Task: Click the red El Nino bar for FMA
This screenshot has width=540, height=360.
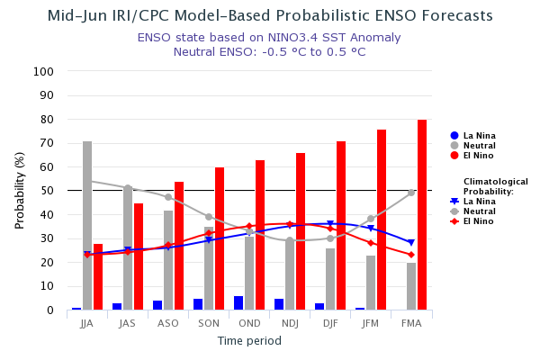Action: click(x=422, y=215)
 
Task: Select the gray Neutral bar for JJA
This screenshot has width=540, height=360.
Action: click(x=87, y=225)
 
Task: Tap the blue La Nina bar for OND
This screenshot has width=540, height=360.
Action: click(x=238, y=303)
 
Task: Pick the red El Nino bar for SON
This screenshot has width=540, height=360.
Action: click(x=220, y=238)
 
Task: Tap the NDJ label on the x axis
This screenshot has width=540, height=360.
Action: click(x=290, y=323)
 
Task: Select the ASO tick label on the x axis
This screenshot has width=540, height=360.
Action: click(x=168, y=323)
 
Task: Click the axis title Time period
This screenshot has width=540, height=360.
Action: click(x=249, y=341)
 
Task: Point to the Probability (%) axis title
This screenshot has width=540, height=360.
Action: click(x=20, y=190)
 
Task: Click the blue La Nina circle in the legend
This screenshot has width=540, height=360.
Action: click(x=454, y=136)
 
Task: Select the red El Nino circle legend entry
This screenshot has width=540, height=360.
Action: click(x=454, y=156)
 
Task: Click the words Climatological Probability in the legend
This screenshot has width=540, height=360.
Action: click(x=495, y=186)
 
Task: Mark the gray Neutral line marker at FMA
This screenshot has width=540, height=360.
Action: click(x=411, y=193)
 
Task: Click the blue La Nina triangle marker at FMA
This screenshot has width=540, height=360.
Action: click(x=411, y=243)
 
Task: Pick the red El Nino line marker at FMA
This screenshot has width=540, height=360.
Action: click(x=411, y=255)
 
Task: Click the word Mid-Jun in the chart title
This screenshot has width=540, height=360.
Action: click(x=78, y=16)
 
